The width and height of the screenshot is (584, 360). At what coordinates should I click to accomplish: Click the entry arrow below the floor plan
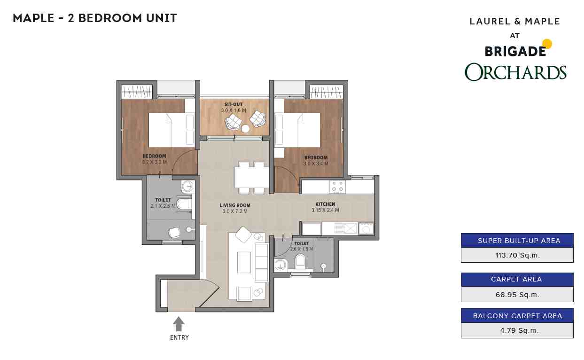(179, 324)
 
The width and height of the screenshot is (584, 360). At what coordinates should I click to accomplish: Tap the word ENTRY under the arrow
(179, 337)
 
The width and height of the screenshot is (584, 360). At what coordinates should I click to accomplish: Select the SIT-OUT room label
(234, 104)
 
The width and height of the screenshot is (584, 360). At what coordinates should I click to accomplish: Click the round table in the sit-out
(245, 129)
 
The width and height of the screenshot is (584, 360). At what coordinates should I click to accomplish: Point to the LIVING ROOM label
(235, 205)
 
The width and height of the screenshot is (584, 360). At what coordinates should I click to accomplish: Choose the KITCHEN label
(325, 204)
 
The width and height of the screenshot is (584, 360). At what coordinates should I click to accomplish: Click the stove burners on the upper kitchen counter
(338, 187)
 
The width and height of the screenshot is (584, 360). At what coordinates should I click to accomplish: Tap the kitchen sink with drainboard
(346, 229)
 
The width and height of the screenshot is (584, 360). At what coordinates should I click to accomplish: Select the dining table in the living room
(251, 177)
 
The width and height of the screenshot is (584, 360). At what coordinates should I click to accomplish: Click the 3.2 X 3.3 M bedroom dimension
(155, 162)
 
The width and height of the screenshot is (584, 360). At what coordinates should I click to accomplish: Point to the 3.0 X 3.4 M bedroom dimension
(316, 164)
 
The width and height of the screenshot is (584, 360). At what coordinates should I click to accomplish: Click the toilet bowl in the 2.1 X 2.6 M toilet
(184, 204)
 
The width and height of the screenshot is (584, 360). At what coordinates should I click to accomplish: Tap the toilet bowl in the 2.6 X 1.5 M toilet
(300, 261)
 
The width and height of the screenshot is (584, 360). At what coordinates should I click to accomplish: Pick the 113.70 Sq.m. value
(517, 255)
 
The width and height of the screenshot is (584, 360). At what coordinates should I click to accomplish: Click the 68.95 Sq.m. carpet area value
(517, 295)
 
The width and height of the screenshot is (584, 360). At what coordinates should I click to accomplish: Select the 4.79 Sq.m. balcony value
(519, 330)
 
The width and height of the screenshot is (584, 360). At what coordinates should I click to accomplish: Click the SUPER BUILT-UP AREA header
(519, 241)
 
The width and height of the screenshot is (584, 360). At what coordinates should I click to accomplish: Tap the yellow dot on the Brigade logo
(547, 44)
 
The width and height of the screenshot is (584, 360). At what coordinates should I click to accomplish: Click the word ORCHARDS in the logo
(515, 72)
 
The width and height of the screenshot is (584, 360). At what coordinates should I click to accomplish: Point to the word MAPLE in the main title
(33, 18)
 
